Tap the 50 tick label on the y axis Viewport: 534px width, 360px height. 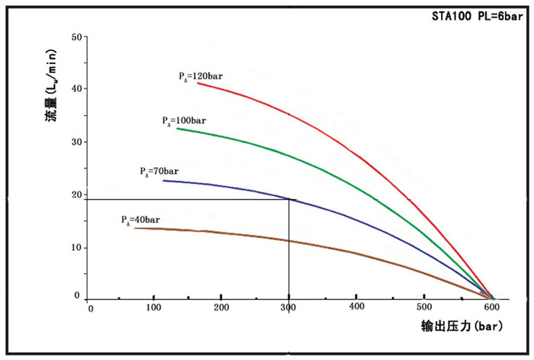(x=76, y=37)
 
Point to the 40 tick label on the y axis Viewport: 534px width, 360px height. (x=76, y=89)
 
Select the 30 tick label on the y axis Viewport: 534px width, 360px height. (x=76, y=142)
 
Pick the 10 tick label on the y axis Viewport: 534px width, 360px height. (x=76, y=247)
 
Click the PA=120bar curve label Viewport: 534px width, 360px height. (x=201, y=76)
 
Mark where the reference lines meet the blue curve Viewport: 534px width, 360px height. (x=288, y=199)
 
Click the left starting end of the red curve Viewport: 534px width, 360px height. (x=198, y=82)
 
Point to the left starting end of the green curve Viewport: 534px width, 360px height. (x=178, y=128)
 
